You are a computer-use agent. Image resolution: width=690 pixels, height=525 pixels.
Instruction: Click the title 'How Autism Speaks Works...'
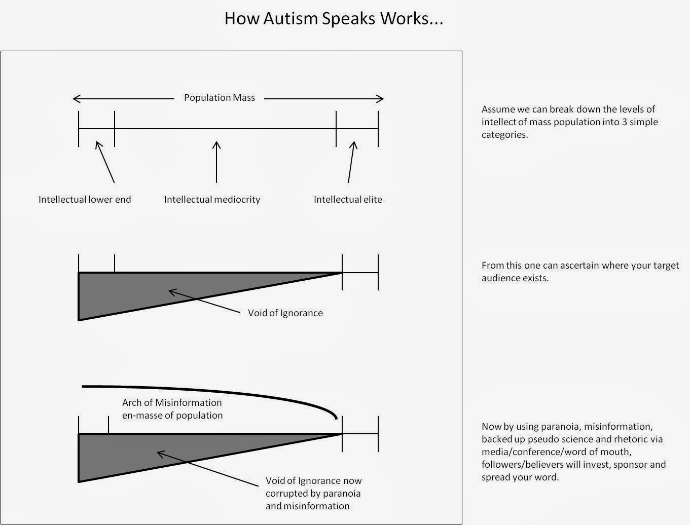[x=334, y=19]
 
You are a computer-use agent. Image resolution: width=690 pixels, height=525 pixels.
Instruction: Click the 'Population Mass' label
[x=219, y=97]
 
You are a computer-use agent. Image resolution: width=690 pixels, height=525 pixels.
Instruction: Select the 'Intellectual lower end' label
[x=85, y=199]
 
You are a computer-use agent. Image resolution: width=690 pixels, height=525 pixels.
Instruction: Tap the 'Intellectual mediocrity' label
[x=212, y=199]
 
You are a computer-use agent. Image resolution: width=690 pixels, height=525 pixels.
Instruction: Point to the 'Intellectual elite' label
[x=348, y=199]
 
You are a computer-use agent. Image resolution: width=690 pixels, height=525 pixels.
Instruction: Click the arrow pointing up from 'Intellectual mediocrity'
[x=216, y=161]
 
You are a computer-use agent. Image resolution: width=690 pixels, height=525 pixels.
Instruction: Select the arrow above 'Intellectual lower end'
[x=105, y=162]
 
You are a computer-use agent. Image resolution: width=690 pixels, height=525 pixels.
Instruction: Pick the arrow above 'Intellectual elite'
[x=351, y=161]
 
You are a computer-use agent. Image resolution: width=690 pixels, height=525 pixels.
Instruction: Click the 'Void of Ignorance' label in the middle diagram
[x=285, y=313]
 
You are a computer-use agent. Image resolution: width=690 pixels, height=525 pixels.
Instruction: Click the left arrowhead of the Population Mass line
[x=76, y=98]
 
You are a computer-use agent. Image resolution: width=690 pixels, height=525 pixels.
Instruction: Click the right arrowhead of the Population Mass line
[x=381, y=98]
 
